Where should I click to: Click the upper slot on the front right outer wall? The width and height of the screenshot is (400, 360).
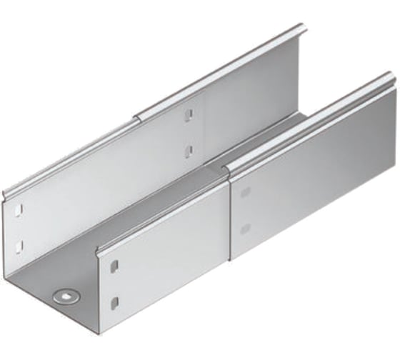point(114,266)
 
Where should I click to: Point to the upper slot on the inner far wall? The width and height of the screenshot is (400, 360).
point(189,115)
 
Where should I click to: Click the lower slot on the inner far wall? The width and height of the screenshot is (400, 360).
point(189,149)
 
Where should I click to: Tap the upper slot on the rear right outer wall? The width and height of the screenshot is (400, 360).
point(246,193)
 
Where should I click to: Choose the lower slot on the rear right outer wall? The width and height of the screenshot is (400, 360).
point(246,229)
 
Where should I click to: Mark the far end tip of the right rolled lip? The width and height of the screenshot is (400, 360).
point(388,76)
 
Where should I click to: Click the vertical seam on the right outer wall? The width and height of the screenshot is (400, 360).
point(229,214)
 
